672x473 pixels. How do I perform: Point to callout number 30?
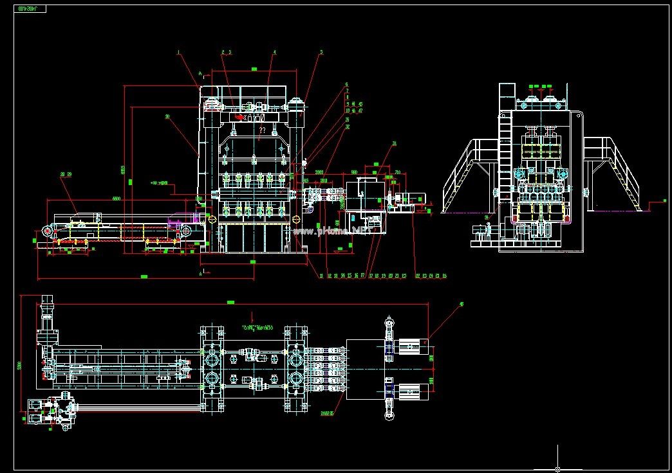[x=167, y=116]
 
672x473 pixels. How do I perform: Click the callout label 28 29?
[x=65, y=174]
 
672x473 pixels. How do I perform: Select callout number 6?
[x=346, y=84]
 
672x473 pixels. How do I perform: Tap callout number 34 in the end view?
[x=487, y=218]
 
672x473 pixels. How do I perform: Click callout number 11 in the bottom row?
[x=320, y=276]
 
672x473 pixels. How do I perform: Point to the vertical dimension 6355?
[x=122, y=170]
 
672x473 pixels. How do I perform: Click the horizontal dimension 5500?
[x=116, y=198]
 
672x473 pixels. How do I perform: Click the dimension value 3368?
[x=319, y=172]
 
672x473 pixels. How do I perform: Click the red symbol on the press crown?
[x=239, y=118]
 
